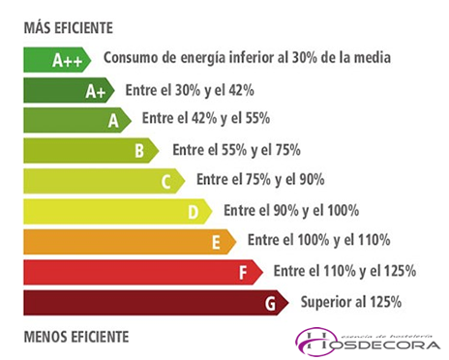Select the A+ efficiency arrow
click(x=68, y=91)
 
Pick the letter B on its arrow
click(x=140, y=151)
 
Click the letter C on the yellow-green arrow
click(x=166, y=181)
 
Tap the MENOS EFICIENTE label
click(x=75, y=336)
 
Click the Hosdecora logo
click(x=368, y=341)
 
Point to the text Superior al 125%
click(x=350, y=302)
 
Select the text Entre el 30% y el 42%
click(x=190, y=90)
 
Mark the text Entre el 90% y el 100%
click(x=291, y=210)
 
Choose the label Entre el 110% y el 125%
click(x=344, y=271)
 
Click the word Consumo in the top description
click(x=130, y=58)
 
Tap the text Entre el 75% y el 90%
click(x=260, y=180)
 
